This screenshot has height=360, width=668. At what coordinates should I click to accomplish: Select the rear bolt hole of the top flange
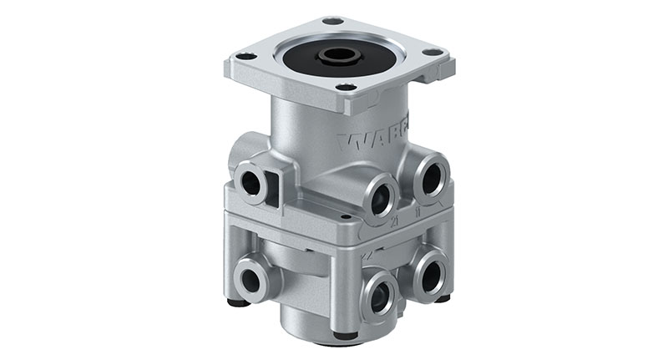coord(331,21)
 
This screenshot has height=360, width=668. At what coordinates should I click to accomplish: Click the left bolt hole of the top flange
coord(246,57)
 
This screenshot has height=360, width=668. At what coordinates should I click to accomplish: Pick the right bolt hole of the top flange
coord(435,53)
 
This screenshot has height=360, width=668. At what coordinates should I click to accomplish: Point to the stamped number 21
coord(393,222)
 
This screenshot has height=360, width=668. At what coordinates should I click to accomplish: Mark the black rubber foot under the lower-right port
coord(442,297)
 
